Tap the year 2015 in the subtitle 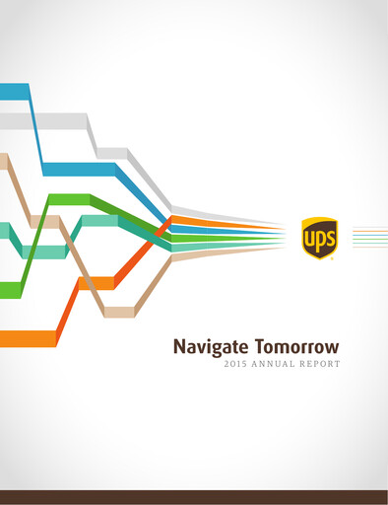(234, 364)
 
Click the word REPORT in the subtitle (320, 364)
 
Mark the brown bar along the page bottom (194, 497)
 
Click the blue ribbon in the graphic (79, 169)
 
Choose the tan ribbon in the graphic (118, 312)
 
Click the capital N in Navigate (179, 346)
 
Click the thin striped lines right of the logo (369, 238)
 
